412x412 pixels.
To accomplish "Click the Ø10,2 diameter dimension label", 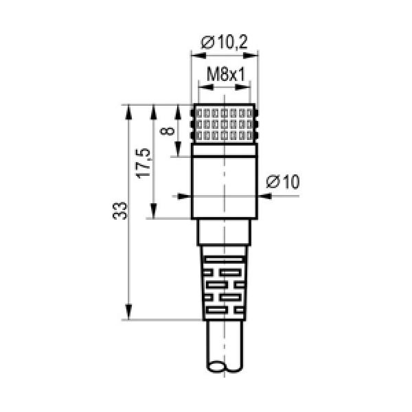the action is pos(224,42).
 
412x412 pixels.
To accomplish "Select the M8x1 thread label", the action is pos(226,74).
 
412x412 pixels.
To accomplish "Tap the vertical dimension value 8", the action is pos(168,130).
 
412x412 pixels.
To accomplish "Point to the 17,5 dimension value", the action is pos(144,163).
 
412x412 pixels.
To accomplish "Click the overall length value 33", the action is pos(119,211).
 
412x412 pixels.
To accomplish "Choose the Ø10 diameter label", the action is pos(283,181).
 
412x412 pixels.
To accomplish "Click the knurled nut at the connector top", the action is pos(224,124).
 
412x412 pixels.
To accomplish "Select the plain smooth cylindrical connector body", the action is pos(225,187).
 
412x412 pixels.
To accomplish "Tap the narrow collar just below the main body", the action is pos(224,232).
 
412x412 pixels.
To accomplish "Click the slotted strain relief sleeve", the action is pos(224,283).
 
